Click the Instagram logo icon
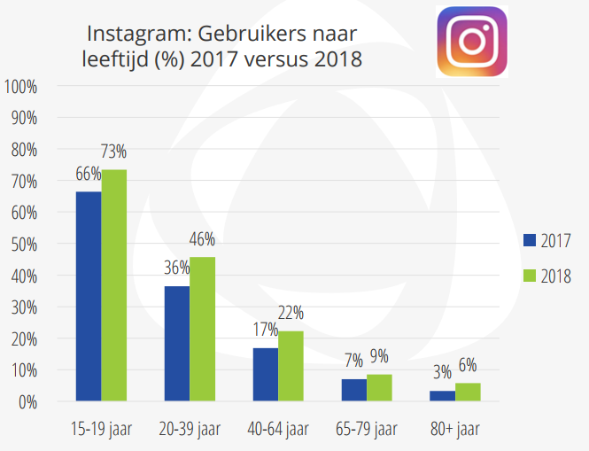471,42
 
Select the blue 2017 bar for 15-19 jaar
89,296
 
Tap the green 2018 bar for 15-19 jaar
114,285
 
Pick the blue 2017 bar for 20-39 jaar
177,344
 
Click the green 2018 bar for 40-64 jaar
291,366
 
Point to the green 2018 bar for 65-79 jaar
380,387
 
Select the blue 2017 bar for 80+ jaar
443,396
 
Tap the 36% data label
177,268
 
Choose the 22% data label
291,313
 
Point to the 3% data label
443,373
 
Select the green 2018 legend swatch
531,276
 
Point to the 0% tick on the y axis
27,402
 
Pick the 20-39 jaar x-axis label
190,430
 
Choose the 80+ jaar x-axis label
455,430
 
